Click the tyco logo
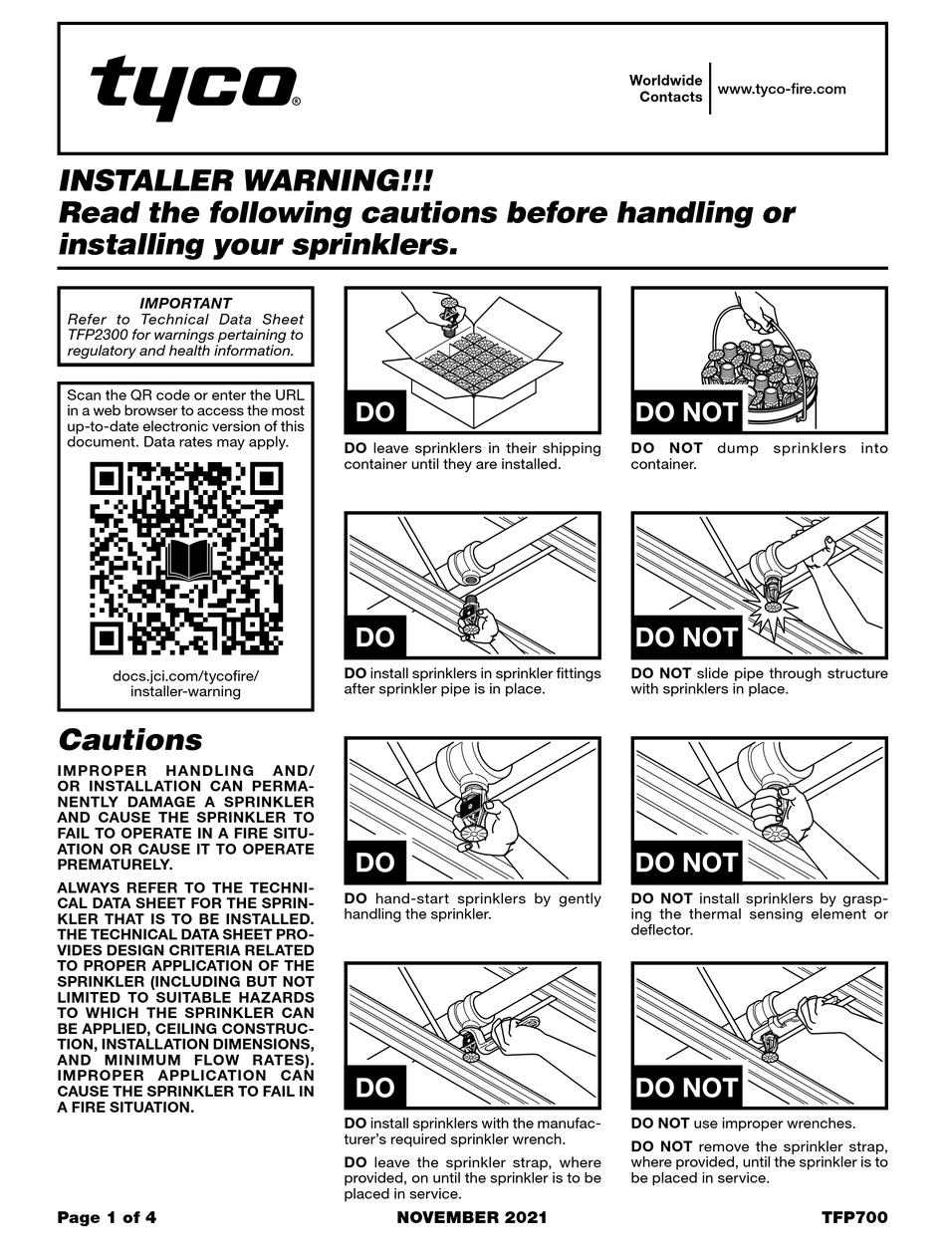tap(195, 87)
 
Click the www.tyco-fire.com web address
tap(782, 89)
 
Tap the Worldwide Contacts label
tap(665, 89)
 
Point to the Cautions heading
tap(130, 740)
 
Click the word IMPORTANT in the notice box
tap(185, 303)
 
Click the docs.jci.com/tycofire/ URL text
tap(185, 674)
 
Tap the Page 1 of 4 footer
tap(107, 1217)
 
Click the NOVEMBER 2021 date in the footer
tap(472, 1217)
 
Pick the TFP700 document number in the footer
tap(853, 1217)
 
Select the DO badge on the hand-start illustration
tap(375, 863)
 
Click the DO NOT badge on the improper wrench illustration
tap(687, 1088)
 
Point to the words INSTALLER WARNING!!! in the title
tap(246, 181)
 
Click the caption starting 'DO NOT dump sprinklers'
tap(759, 456)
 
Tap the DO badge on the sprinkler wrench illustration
tap(375, 1088)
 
